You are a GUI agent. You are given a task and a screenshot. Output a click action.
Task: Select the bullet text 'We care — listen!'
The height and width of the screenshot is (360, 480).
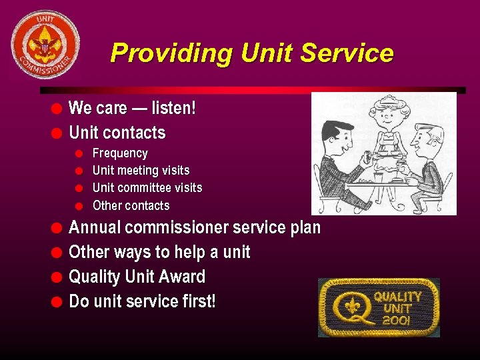tap(132, 108)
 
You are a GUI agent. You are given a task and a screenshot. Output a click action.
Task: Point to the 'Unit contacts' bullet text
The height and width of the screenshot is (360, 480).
tap(117, 133)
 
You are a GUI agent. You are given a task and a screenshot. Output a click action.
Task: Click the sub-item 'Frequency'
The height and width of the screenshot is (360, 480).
tap(120, 153)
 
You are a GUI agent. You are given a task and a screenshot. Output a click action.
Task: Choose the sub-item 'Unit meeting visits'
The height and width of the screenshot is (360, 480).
tap(141, 171)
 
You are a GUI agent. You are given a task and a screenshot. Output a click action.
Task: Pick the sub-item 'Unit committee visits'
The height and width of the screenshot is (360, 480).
tap(147, 188)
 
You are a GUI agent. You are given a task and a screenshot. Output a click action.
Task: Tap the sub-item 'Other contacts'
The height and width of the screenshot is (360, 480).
tap(131, 205)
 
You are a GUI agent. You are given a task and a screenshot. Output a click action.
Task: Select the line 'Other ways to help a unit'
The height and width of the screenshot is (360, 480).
tap(159, 252)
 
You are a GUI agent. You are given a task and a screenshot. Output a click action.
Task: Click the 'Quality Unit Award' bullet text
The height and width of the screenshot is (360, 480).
tap(137, 277)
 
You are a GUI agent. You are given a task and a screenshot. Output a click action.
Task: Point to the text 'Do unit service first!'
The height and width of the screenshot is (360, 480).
tap(142, 301)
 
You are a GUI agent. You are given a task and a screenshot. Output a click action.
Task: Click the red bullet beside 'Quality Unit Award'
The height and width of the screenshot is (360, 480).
tap(57, 277)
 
